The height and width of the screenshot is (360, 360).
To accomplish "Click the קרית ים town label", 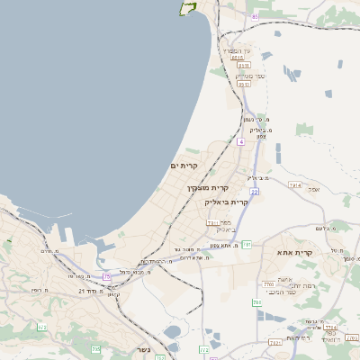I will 183,166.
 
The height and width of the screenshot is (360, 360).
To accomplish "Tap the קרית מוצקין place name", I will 208,188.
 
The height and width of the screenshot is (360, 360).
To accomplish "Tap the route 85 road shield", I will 256,16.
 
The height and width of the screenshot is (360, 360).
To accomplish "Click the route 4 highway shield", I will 241,141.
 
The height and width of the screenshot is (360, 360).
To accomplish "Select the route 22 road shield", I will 255,192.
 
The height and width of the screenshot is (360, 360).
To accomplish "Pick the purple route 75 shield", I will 107,276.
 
